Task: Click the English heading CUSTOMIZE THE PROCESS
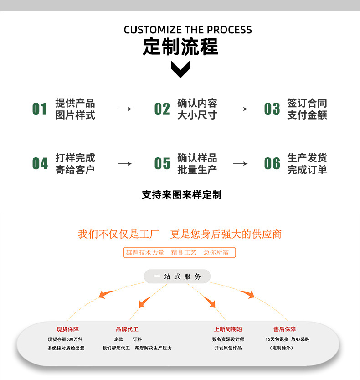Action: pos(188,30)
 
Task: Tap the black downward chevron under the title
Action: pos(180,69)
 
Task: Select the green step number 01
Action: pos(39,109)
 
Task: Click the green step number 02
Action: pos(162,109)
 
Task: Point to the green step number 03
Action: pos(272,109)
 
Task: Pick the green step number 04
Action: pos(40,164)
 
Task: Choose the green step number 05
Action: pos(162,164)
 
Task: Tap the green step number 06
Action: pos(272,164)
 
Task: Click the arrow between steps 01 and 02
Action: pos(124,109)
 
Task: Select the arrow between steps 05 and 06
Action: pos(240,164)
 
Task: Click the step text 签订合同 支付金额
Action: pos(307,109)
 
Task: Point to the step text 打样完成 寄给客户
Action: pos(75,164)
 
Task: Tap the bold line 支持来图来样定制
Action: pos(181,195)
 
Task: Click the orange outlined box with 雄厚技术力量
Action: pos(180,253)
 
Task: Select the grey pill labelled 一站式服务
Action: pos(177,276)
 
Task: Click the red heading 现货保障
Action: pos(67,329)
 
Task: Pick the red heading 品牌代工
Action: pos(127,329)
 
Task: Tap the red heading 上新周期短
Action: pos(228,329)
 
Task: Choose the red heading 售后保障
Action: pos(285,329)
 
